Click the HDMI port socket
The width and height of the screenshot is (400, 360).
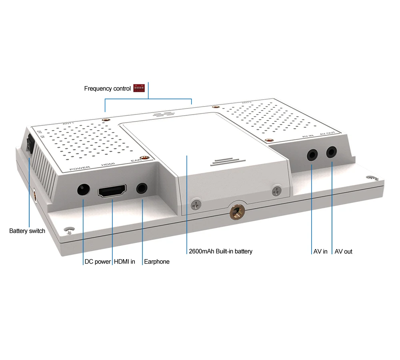(112, 191)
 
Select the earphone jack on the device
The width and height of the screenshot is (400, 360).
(142, 188)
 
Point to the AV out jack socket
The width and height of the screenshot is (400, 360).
(332, 152)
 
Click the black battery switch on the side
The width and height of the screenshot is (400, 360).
(29, 145)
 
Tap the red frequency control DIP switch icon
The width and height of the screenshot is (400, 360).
(139, 88)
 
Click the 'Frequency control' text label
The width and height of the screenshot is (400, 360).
(107, 88)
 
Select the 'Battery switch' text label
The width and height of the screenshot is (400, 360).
(27, 231)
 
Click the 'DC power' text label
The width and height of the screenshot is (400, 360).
(98, 262)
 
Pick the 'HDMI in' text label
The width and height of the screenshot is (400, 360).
(124, 262)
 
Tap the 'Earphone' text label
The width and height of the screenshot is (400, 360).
(156, 262)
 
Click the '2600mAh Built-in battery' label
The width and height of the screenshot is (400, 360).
(220, 251)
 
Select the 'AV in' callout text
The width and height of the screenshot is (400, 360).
(320, 251)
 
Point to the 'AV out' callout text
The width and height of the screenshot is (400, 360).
(343, 251)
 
